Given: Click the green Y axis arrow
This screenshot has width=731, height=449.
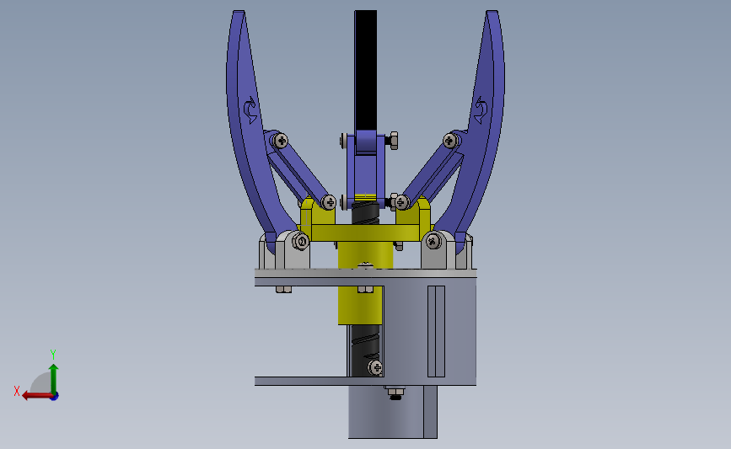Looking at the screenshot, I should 53,376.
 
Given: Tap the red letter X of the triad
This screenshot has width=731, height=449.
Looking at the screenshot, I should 17,391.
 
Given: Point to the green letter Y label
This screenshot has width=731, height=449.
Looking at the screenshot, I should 52,354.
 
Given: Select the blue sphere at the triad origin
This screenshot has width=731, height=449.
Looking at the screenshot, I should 54,395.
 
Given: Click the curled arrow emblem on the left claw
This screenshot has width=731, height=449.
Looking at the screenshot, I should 250,109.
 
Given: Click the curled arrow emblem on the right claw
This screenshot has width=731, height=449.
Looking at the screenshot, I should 481,109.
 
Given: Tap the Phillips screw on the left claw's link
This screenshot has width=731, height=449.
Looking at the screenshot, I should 280,140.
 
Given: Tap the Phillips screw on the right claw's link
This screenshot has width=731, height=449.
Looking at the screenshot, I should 452,140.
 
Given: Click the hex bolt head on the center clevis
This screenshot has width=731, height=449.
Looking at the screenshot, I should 393,141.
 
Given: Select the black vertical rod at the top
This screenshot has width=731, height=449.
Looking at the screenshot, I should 366,67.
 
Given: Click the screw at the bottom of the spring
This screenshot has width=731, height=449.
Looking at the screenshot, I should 374,366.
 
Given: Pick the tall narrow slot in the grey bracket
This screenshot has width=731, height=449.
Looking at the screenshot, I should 435,330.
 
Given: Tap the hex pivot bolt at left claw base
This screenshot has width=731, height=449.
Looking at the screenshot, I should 300,243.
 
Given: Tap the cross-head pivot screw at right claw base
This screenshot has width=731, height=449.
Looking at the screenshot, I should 433,242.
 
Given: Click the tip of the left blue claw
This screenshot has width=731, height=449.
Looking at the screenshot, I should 239,14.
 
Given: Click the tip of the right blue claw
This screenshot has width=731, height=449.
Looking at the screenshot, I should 492,14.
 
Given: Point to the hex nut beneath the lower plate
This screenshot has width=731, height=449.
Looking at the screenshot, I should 393,391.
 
